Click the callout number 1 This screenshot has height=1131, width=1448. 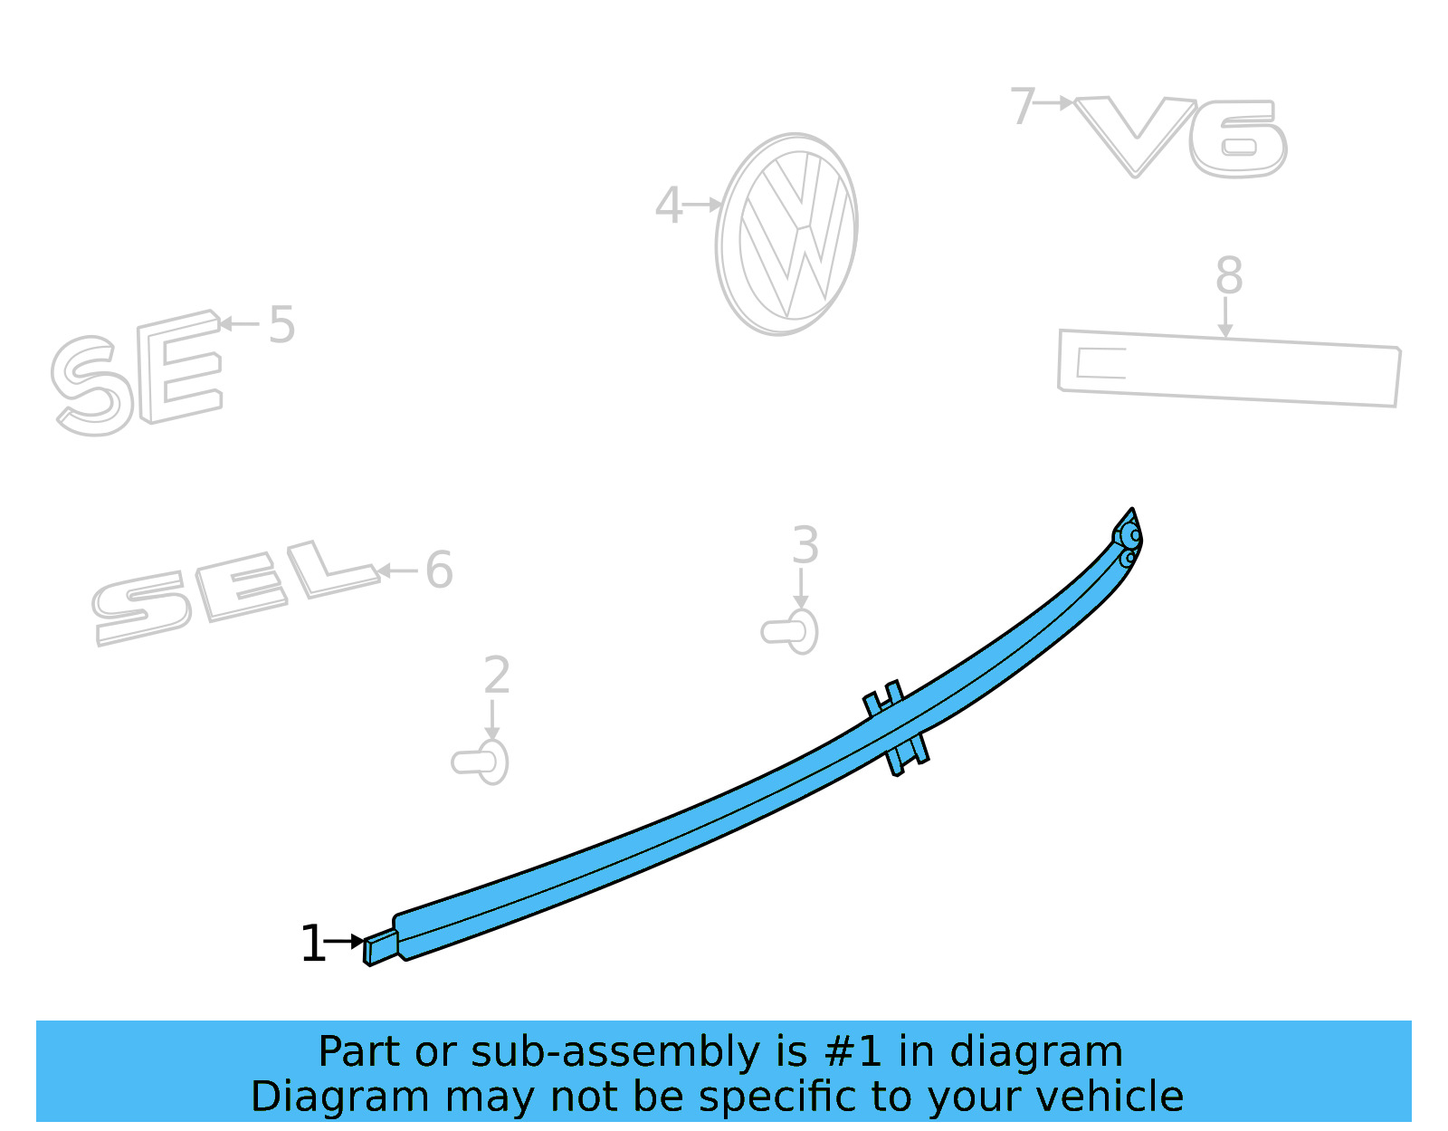(x=312, y=944)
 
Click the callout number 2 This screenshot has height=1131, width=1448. (x=497, y=676)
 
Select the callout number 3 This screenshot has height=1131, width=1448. (x=805, y=545)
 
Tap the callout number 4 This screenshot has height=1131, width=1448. (x=668, y=206)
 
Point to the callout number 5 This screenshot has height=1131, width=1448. (x=281, y=324)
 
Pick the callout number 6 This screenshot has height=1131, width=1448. (x=439, y=570)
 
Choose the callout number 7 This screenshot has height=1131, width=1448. (x=1022, y=106)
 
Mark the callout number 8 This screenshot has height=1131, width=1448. (x=1228, y=275)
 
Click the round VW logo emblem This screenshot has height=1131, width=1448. (x=786, y=235)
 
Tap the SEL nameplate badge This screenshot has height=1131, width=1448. (x=231, y=593)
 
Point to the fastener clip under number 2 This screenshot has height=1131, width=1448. (x=481, y=762)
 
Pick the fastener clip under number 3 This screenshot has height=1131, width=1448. (x=791, y=630)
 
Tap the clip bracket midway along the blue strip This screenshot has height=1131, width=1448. (x=896, y=727)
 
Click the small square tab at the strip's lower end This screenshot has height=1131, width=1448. (x=381, y=947)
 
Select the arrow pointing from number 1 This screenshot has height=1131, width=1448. (x=345, y=942)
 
